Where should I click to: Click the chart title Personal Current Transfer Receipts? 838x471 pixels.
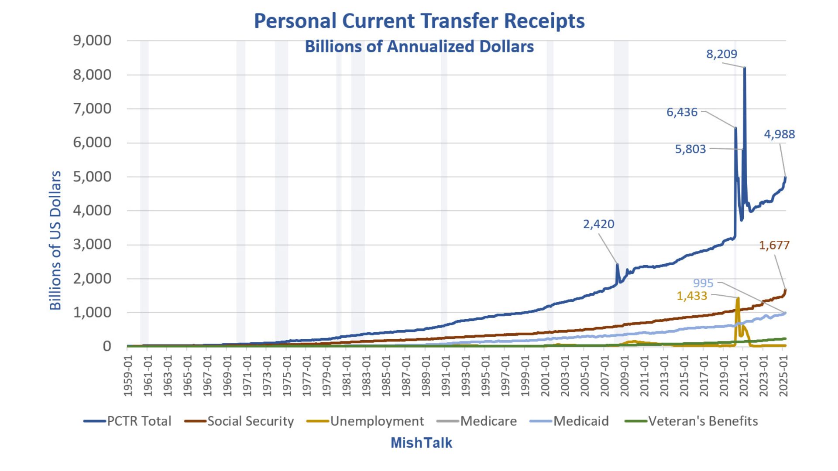[x=419, y=21]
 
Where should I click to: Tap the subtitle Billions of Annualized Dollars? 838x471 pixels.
[x=419, y=47]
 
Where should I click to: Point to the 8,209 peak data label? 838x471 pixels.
[x=721, y=54]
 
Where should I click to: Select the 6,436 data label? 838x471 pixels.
[x=682, y=112]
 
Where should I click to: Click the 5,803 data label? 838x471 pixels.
[x=690, y=149]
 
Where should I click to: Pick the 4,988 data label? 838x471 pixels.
[x=779, y=134]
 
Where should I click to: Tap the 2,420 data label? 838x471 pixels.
[x=598, y=224]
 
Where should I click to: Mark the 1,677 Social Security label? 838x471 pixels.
[x=774, y=246]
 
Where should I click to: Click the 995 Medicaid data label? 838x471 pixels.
[x=703, y=283]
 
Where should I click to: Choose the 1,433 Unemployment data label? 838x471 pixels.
[x=691, y=296]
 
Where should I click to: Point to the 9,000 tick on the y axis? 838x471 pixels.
[x=92, y=41]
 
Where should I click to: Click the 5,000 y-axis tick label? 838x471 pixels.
[x=92, y=177]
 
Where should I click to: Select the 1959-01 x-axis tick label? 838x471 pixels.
[x=128, y=376]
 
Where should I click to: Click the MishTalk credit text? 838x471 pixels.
[x=421, y=443]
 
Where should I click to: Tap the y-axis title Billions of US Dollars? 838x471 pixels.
[x=55, y=240]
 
